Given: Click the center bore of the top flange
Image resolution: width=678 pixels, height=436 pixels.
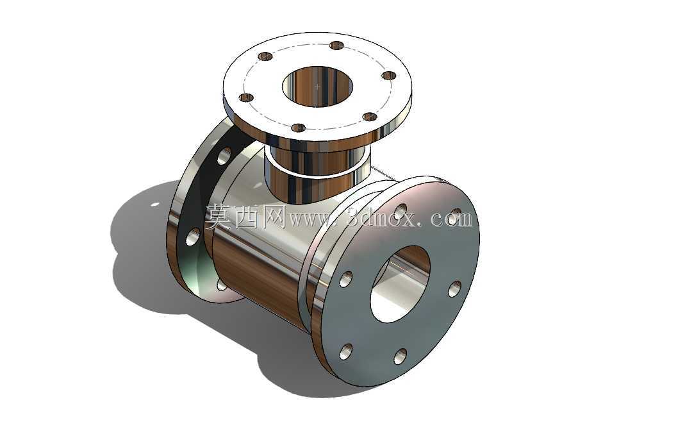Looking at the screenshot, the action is [x=317, y=86].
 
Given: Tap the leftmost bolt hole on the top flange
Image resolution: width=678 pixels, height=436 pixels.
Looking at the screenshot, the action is [x=246, y=97].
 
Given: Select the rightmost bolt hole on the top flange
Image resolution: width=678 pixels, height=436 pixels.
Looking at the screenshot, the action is [x=389, y=76].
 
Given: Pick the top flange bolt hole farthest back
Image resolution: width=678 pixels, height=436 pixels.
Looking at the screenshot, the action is [x=336, y=45].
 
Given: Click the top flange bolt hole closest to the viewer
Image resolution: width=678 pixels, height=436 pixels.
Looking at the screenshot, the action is [x=299, y=128].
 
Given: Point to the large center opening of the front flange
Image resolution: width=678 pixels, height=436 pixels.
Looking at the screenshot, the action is [x=400, y=284].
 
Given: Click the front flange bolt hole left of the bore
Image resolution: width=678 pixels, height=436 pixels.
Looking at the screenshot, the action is [x=345, y=280].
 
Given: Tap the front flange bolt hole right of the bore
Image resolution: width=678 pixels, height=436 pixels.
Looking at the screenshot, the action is [x=454, y=289].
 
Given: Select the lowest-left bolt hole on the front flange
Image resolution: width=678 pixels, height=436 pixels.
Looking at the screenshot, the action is [x=345, y=351].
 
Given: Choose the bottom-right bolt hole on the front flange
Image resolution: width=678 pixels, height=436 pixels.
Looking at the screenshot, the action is [x=401, y=356].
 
